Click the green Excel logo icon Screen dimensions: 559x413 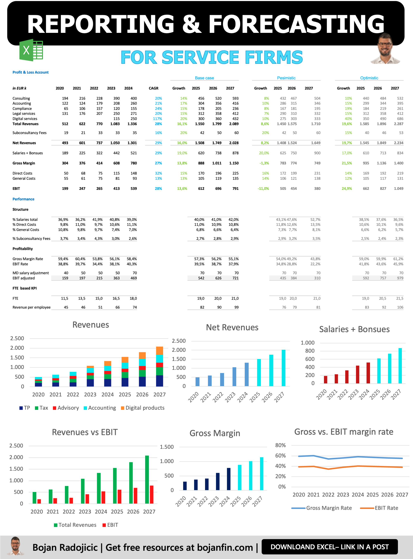tap(31, 50)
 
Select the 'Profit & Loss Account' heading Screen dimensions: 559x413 tap(31, 72)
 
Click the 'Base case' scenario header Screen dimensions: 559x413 tap(204, 78)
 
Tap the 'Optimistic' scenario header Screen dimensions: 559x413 tap(369, 78)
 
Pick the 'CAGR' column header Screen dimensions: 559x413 tap(153, 88)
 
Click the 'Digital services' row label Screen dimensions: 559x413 tap(25, 119)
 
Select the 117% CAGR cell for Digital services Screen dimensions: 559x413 tap(158, 119)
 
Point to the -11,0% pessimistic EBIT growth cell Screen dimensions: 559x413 tap(263, 189)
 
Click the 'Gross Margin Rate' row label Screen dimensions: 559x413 tap(28, 259)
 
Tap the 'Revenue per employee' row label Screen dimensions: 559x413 tap(32, 307)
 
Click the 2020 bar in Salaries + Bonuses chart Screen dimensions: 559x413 tap(325, 379)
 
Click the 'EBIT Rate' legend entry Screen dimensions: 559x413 tap(386, 508)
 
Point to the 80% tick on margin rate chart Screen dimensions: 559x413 tap(280, 445)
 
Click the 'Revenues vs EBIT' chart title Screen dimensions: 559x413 tap(85, 432)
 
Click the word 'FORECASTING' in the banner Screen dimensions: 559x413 tap(296, 24)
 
